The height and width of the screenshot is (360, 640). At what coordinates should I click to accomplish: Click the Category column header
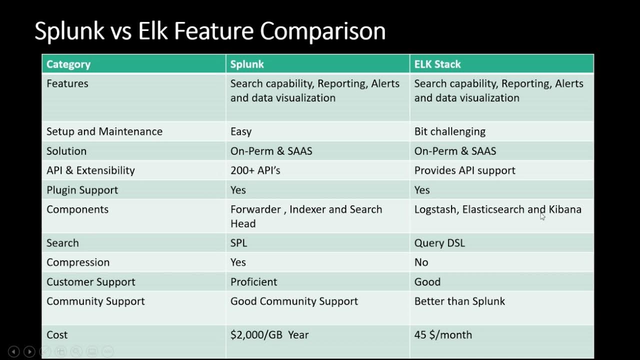pyautogui.click(x=68, y=64)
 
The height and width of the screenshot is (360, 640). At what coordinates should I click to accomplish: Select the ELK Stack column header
pyautogui.click(x=437, y=64)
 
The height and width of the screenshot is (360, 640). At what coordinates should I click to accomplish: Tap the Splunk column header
pyautogui.click(x=247, y=64)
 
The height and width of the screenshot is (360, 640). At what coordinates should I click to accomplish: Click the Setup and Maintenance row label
pyautogui.click(x=104, y=131)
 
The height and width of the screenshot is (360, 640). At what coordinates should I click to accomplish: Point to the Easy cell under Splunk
pyautogui.click(x=241, y=131)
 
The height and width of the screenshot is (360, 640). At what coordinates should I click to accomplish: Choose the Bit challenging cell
pyautogui.click(x=450, y=131)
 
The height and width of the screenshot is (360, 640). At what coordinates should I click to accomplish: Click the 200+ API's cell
pyautogui.click(x=255, y=170)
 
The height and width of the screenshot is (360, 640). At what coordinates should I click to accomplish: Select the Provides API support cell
pyautogui.click(x=464, y=170)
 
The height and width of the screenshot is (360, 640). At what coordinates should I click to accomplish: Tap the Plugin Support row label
pyautogui.click(x=82, y=190)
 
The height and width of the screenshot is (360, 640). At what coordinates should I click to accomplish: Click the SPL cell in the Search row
pyautogui.click(x=238, y=243)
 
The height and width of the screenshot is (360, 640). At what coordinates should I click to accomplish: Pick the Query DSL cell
pyautogui.click(x=439, y=243)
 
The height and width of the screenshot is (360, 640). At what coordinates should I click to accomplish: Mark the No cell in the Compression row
pyautogui.click(x=421, y=262)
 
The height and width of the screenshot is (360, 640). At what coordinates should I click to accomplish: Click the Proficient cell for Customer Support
pyautogui.click(x=253, y=282)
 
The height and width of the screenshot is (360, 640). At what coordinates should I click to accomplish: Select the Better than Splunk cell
pyautogui.click(x=459, y=301)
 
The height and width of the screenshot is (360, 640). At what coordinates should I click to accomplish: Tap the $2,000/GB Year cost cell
pyautogui.click(x=269, y=335)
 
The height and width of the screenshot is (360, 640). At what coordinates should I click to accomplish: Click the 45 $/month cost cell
pyautogui.click(x=443, y=335)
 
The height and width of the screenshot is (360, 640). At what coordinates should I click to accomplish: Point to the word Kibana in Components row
pyautogui.click(x=565, y=209)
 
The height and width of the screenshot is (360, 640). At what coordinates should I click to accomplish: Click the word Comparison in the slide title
pyautogui.click(x=322, y=31)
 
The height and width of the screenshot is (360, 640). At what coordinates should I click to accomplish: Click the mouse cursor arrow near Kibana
pyautogui.click(x=542, y=216)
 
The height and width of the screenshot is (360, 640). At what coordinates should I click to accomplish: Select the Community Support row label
pyautogui.click(x=95, y=301)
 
